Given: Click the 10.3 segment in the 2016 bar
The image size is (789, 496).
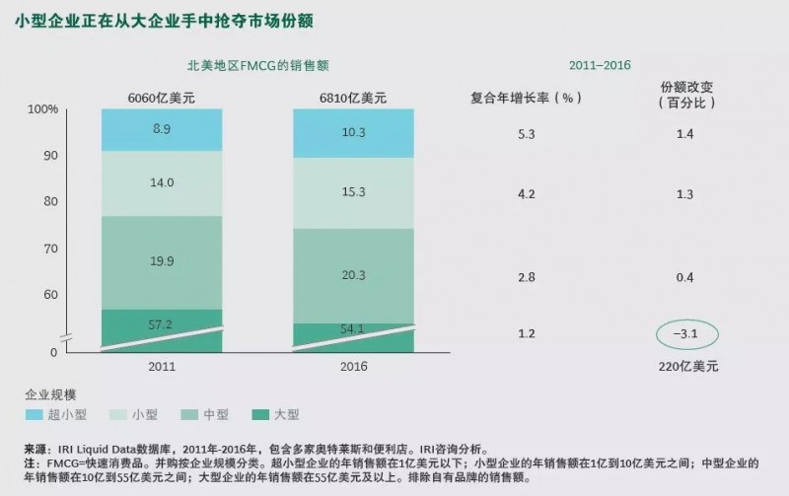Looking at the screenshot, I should [x=353, y=132].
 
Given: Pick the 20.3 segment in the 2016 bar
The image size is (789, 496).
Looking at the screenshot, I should [x=353, y=275].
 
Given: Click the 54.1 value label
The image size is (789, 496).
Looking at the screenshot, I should [x=353, y=329].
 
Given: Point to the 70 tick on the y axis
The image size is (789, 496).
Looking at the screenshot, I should [x=49, y=248].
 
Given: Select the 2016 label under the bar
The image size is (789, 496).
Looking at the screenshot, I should [x=353, y=365].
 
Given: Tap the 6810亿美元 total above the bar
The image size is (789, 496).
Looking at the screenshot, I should [x=353, y=98].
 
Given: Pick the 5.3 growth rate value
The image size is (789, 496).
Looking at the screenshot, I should [x=526, y=132].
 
